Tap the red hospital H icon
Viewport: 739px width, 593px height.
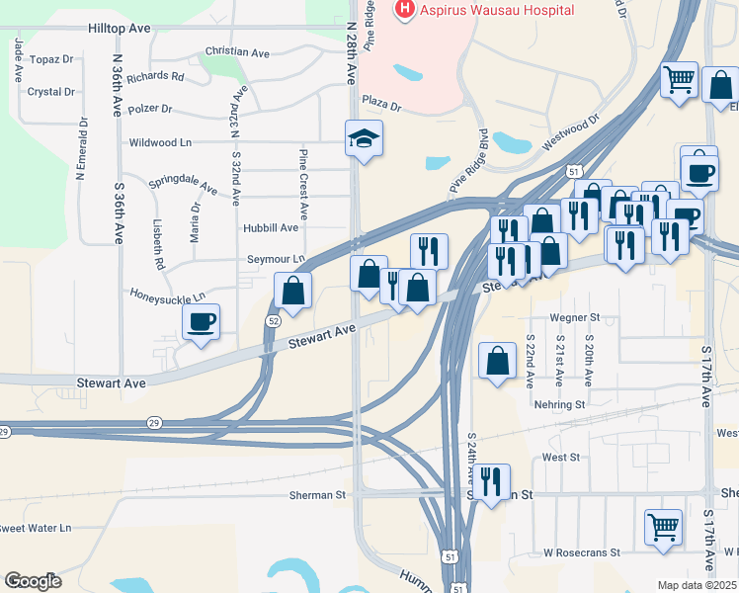(404, 10)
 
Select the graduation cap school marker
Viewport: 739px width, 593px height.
(363, 139)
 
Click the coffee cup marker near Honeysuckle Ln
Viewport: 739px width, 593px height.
(202, 322)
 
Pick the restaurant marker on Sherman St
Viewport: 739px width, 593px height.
(490, 482)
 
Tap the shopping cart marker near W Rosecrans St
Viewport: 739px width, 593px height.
(662, 526)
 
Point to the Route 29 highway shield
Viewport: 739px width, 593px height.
(4, 432)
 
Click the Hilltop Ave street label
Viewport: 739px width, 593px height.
(120, 29)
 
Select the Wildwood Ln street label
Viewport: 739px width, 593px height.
(160, 143)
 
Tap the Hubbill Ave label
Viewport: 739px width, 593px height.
(270, 227)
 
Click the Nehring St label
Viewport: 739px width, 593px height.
(559, 404)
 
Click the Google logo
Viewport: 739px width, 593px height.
(33, 581)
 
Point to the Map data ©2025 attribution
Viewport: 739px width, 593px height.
(697, 585)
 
